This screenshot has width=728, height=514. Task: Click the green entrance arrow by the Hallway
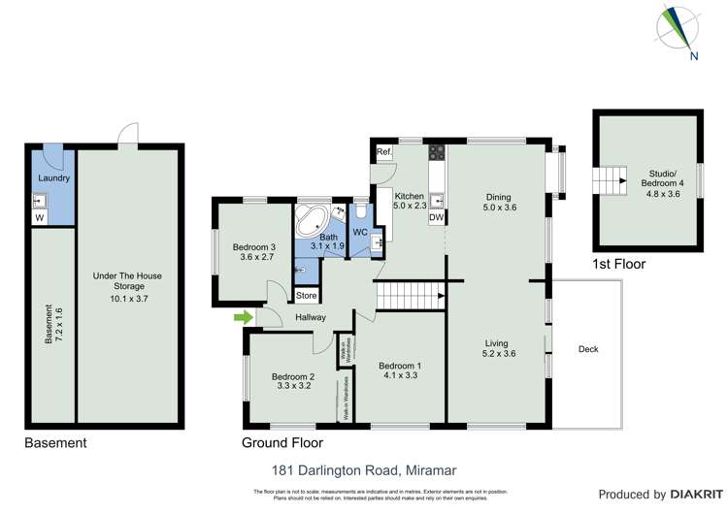pos(242,316)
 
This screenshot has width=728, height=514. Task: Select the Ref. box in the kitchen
pos(384,152)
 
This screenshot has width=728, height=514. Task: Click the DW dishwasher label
pos(437,218)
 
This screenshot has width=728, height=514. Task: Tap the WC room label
pos(359,233)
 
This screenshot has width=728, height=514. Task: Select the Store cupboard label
pos(307,295)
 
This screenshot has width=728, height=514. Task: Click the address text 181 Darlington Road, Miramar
pos(363,470)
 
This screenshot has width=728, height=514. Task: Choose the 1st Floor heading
pos(617,264)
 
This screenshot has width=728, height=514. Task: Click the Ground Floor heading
pos(281,443)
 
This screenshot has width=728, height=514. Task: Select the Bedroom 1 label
pos(400,365)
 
